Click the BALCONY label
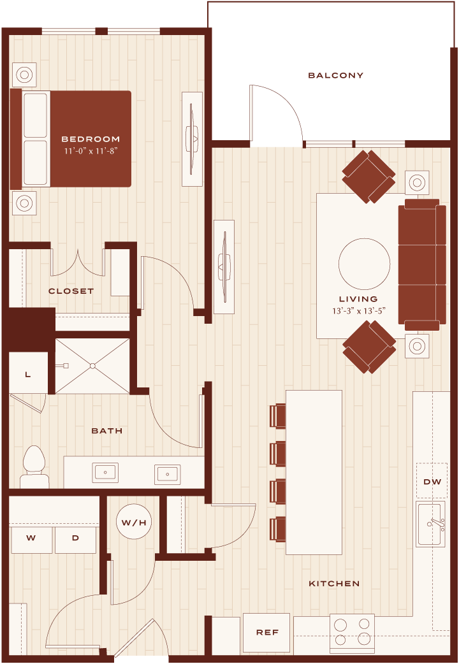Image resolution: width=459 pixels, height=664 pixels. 335,75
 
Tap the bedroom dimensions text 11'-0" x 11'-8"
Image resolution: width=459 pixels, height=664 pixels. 91,151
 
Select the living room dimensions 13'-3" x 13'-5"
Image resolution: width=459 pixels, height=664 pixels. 358,311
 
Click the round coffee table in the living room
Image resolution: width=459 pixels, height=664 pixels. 365,264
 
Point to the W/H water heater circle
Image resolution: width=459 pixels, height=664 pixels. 134,522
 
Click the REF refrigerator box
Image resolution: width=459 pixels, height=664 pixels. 266,633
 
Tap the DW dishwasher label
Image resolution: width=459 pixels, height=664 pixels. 432,482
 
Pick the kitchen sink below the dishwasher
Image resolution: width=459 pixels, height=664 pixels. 430,524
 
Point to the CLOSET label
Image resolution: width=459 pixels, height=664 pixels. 71,291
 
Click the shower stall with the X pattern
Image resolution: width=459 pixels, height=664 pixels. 92,366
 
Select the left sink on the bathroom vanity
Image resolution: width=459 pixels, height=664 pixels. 105,473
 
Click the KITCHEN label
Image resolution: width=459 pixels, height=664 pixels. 334,584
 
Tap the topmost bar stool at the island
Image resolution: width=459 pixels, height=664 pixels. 277,416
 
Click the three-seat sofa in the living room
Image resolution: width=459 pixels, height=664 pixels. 422,264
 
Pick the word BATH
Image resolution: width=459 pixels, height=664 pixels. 107,431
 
